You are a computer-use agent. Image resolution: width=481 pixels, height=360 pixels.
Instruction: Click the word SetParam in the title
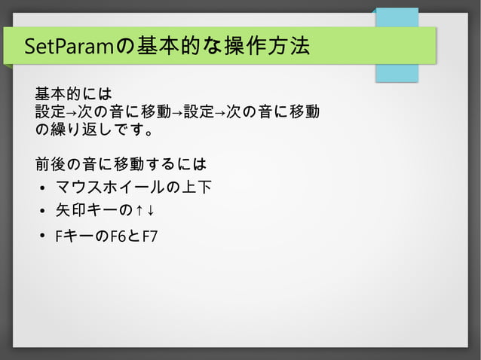[x=68, y=47]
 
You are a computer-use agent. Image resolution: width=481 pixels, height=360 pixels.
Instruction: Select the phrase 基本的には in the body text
[x=73, y=95]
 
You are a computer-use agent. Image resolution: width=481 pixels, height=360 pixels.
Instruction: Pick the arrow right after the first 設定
[x=71, y=114]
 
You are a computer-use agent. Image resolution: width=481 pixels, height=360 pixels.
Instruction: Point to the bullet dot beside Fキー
[x=43, y=237]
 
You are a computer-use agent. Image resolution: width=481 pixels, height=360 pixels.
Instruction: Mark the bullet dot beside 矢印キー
[x=43, y=212]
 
